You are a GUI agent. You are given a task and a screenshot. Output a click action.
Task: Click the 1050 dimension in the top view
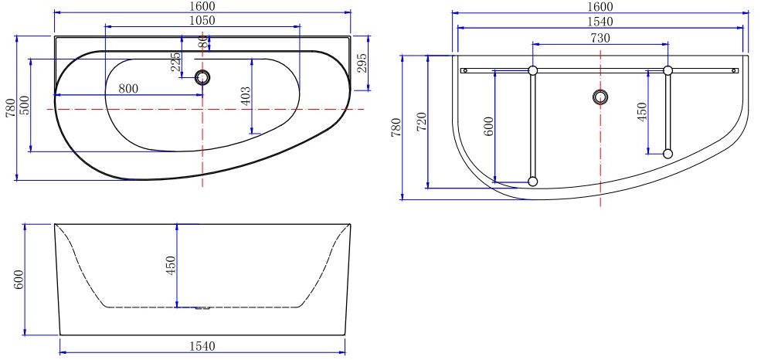click(x=202, y=19)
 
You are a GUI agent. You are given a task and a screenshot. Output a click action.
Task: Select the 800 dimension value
click(x=128, y=88)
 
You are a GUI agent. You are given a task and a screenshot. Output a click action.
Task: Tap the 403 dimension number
click(x=246, y=96)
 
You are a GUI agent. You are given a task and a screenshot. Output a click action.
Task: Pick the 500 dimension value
click(x=24, y=105)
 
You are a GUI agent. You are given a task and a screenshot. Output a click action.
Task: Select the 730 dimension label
click(x=600, y=38)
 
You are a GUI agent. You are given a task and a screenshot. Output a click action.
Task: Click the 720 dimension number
click(x=421, y=121)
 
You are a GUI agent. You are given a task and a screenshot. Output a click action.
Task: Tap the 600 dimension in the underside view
click(x=488, y=127)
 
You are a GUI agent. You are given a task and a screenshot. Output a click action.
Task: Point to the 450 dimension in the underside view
click(x=641, y=112)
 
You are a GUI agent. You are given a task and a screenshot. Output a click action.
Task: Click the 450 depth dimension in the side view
click(x=172, y=265)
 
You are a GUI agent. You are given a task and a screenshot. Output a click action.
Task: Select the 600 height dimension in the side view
click(x=19, y=280)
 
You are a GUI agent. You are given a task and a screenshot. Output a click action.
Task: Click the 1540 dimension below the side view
click(x=202, y=346)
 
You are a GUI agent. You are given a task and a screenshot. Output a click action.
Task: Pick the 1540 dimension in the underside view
click(x=600, y=22)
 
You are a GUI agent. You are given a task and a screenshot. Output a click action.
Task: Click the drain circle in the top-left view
click(x=203, y=76)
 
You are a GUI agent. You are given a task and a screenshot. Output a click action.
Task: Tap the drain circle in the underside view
click(x=600, y=97)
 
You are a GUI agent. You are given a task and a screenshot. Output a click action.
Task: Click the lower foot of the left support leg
click(x=532, y=182)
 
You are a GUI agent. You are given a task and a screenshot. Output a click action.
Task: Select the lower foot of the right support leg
click(x=668, y=154)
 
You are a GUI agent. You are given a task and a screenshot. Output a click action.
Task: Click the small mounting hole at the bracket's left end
click(x=464, y=70)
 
